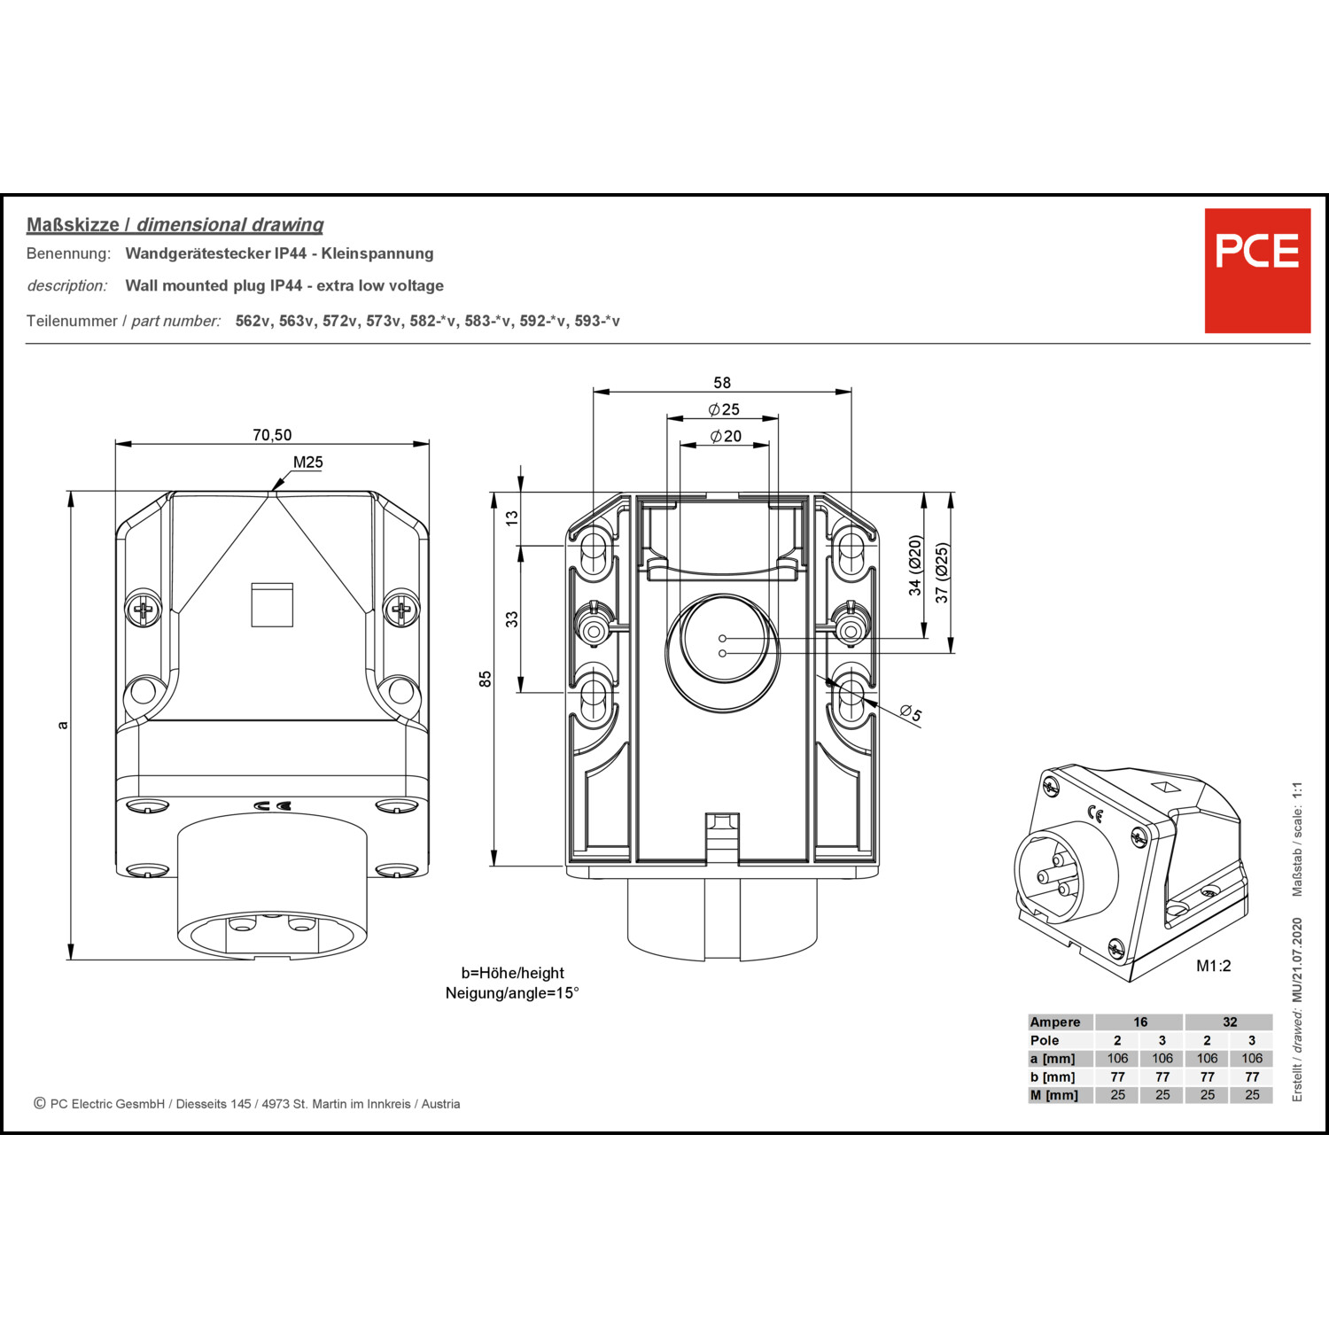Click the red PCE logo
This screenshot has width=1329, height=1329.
tap(1256, 270)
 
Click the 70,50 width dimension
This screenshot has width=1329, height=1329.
tap(272, 435)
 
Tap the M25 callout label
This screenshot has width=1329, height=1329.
tap(308, 462)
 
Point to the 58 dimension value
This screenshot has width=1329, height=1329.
tap(722, 383)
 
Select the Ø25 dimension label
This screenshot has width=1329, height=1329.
tap(724, 409)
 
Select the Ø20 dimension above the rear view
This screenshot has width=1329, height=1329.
tap(726, 436)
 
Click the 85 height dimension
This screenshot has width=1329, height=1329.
tap(485, 679)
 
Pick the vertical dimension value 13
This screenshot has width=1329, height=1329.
tap(511, 518)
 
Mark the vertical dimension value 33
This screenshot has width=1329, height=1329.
tap(511, 619)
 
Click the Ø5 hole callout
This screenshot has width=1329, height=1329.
tap(910, 712)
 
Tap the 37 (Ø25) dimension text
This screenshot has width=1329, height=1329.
tap(942, 573)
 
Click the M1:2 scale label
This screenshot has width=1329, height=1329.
tap(1213, 966)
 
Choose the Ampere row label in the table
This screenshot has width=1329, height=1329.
tap(1054, 1022)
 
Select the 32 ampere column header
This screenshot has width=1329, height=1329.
tap(1230, 1022)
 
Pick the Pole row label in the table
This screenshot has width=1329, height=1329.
tap(1045, 1040)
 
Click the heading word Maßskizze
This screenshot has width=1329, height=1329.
tap(73, 225)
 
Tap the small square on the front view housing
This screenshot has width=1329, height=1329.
tap(272, 605)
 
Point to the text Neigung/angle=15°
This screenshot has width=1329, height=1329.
tap(512, 993)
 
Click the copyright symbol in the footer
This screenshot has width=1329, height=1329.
tap(40, 1103)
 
